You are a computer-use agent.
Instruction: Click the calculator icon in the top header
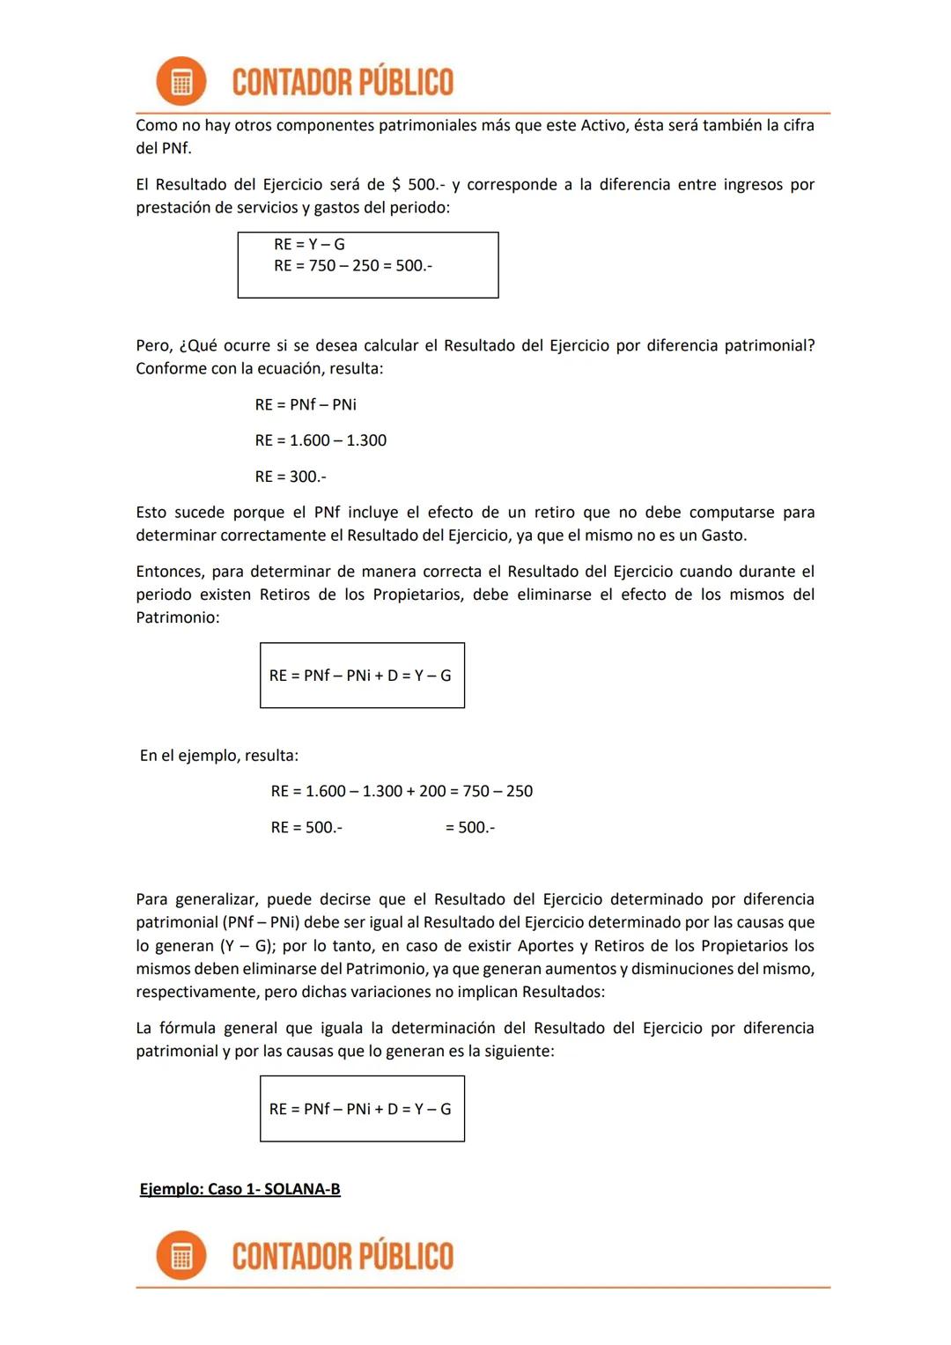point(181,82)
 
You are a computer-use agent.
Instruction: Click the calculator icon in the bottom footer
point(181,1255)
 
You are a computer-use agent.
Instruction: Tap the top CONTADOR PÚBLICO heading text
point(343,82)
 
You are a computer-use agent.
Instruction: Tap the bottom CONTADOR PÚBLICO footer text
point(343,1256)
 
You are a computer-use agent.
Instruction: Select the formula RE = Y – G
point(309,244)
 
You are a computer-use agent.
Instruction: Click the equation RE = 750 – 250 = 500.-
point(352,265)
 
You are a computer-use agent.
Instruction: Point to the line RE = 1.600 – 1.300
point(321,440)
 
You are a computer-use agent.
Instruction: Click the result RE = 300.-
point(291,477)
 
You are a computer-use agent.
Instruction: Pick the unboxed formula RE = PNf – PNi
point(306,404)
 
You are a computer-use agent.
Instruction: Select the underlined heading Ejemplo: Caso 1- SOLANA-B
point(240,1189)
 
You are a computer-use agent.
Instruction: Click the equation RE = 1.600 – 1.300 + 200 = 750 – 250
point(402,791)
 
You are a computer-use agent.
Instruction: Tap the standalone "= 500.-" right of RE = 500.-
point(470,827)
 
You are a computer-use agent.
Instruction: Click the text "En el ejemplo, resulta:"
point(218,756)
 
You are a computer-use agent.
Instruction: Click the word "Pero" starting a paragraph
point(153,345)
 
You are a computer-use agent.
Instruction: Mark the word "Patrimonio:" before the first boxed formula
point(177,617)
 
